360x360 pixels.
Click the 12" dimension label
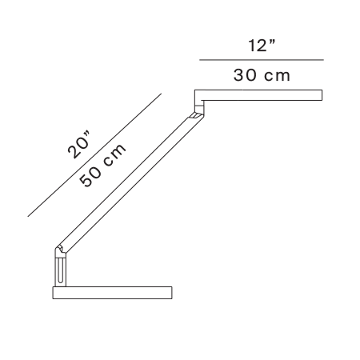(262, 46)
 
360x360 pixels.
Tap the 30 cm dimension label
(262, 75)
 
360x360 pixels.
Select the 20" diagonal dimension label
(78, 145)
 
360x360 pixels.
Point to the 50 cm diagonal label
(102, 166)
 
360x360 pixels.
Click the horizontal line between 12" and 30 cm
(262, 60)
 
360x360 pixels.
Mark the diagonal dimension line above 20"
(94, 155)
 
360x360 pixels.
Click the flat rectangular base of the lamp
(112, 293)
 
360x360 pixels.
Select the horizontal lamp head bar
(258, 95)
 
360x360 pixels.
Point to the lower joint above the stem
(61, 251)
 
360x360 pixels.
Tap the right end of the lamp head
(322, 95)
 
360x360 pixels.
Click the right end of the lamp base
(172, 293)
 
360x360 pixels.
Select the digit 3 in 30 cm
(238, 75)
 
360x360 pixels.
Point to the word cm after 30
(277, 76)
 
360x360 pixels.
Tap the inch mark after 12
(272, 42)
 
